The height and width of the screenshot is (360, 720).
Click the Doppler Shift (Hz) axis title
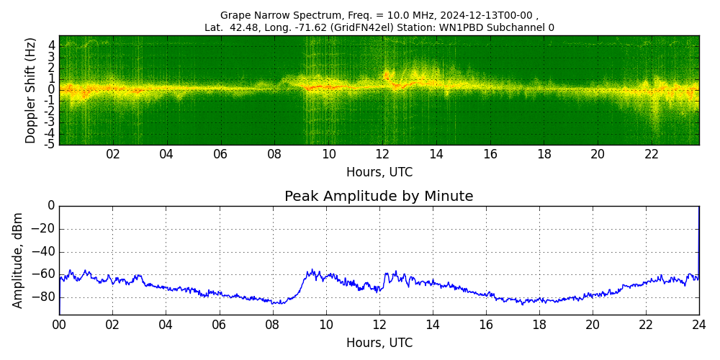point(30,91)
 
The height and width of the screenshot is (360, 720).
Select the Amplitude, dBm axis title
point(19,260)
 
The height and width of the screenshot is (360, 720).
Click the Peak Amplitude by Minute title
point(379,197)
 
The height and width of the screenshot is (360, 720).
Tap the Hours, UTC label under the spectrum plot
point(379,173)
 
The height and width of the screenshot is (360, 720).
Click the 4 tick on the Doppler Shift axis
point(51,45)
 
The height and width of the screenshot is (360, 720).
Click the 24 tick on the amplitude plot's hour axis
point(698,324)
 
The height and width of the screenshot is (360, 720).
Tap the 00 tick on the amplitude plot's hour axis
point(59,324)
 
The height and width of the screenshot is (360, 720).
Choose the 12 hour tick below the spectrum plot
point(382,154)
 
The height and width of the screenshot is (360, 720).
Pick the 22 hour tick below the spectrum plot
point(652,154)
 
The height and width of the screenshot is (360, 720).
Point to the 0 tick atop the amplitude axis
point(50,206)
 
